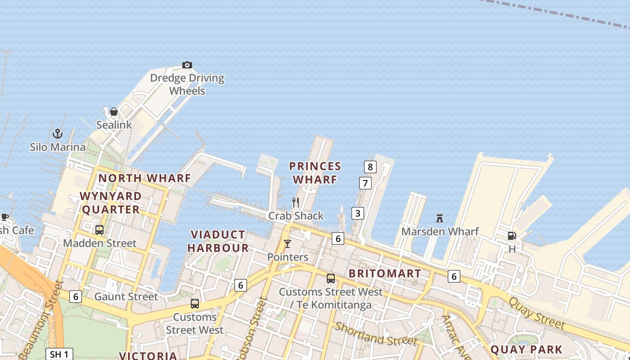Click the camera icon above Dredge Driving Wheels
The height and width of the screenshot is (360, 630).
[x=187, y=65]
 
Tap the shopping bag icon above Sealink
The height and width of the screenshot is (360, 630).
[x=114, y=112]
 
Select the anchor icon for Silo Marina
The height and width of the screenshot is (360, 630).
[x=58, y=134]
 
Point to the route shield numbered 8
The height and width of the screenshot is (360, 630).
[x=370, y=167]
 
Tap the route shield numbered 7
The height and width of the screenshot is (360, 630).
[x=365, y=183]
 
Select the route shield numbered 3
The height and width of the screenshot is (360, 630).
[x=357, y=213]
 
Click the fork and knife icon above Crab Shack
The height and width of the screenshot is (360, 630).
[x=296, y=202]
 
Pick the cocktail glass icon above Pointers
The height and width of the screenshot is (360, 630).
[x=288, y=244]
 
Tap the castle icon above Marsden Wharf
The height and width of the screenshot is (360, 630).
[x=440, y=218]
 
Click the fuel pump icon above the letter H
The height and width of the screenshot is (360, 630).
[x=512, y=236]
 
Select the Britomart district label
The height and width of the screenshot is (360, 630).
[x=385, y=274]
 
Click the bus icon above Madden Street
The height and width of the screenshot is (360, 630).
[x=99, y=230]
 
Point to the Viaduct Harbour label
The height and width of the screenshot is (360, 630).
[x=218, y=241]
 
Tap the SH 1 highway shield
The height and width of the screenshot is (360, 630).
[x=59, y=354]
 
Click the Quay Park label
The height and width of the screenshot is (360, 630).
[x=526, y=350]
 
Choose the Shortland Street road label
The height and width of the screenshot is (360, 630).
[x=376, y=333]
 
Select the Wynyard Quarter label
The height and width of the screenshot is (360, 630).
[x=111, y=203]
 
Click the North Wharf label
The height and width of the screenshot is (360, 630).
[x=144, y=178]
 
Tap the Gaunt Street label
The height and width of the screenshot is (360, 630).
[x=126, y=297]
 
